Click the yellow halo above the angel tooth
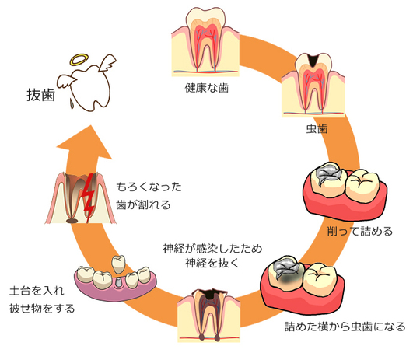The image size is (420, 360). [x=79, y=59]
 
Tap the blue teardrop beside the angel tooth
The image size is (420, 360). [x=72, y=103]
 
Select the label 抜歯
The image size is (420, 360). [x=40, y=95]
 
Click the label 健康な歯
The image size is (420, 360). [x=207, y=88]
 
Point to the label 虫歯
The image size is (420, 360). [x=317, y=129]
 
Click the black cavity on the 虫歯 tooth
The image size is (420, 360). [x=313, y=60]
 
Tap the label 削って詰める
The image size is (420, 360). [x=360, y=231]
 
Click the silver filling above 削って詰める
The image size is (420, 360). [x=329, y=174]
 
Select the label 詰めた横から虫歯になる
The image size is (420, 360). [x=345, y=327]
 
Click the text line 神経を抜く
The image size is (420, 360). [x=212, y=263]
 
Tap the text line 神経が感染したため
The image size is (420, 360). [x=212, y=249]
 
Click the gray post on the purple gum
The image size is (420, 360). [x=117, y=282]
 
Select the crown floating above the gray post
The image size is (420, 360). [x=118, y=264]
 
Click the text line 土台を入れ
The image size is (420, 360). [x=37, y=291]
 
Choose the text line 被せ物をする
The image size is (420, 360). [x=42, y=309]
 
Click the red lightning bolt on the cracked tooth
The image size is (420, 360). [x=89, y=198]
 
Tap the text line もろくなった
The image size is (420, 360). [x=149, y=187]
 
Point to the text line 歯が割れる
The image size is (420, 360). [x=143, y=205]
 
